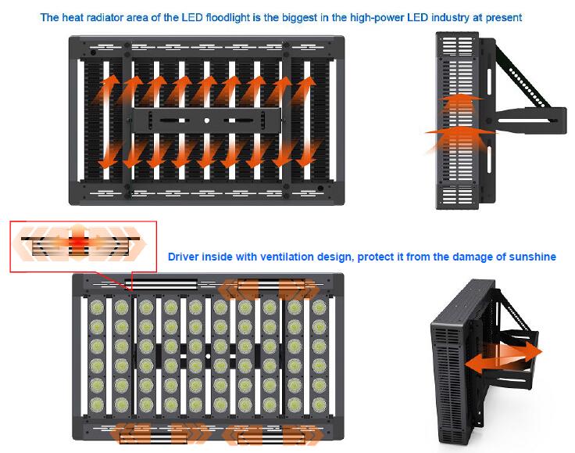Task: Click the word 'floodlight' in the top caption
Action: coord(227,17)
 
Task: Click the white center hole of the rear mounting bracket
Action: coord(207,120)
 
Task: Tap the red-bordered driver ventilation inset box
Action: coord(84,246)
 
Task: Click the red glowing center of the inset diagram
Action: coord(77,242)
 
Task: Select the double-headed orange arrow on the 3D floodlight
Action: coord(503,357)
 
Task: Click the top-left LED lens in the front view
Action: coord(96,307)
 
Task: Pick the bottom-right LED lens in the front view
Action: coord(320,404)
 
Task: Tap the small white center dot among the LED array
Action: coord(208,356)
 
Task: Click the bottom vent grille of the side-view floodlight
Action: coord(457,196)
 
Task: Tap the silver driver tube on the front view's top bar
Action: coord(162,283)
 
